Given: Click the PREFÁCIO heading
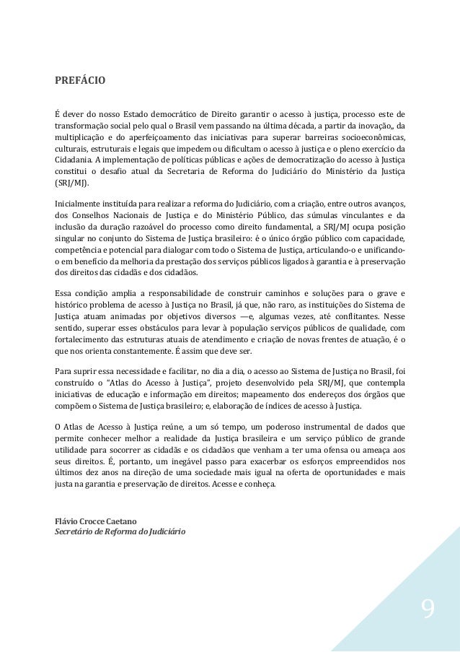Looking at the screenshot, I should pos(80,80).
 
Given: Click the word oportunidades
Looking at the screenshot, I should pos(349,472).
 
